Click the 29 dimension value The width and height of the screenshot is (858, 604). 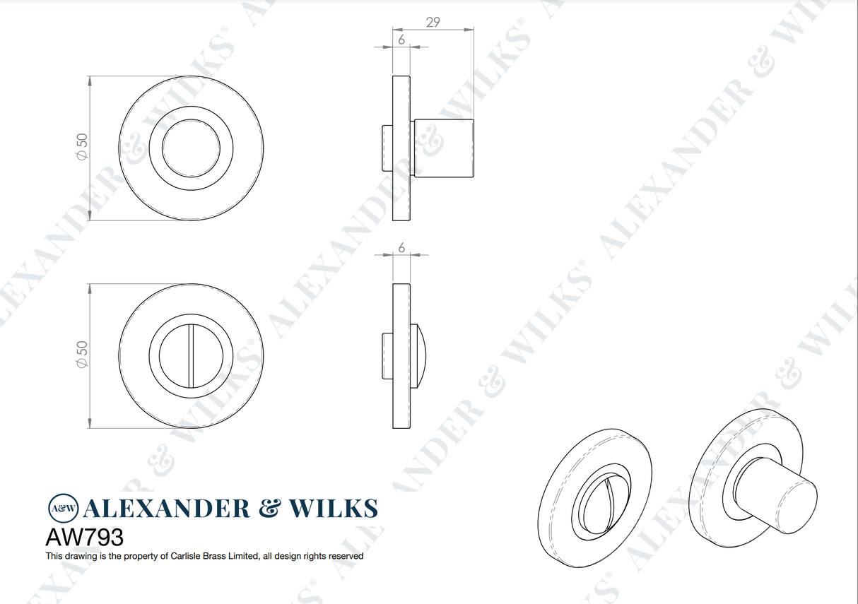[433, 22]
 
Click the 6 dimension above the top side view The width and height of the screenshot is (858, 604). [401, 40]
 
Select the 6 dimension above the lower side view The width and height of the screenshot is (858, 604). [401, 247]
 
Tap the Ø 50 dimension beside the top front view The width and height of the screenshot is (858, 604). [82, 149]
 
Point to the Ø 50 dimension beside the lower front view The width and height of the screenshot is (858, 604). [82, 355]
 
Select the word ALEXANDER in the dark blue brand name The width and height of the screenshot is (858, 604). [167, 509]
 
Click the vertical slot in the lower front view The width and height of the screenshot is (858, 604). [191, 356]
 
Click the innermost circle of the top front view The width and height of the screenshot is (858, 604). [191, 149]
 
